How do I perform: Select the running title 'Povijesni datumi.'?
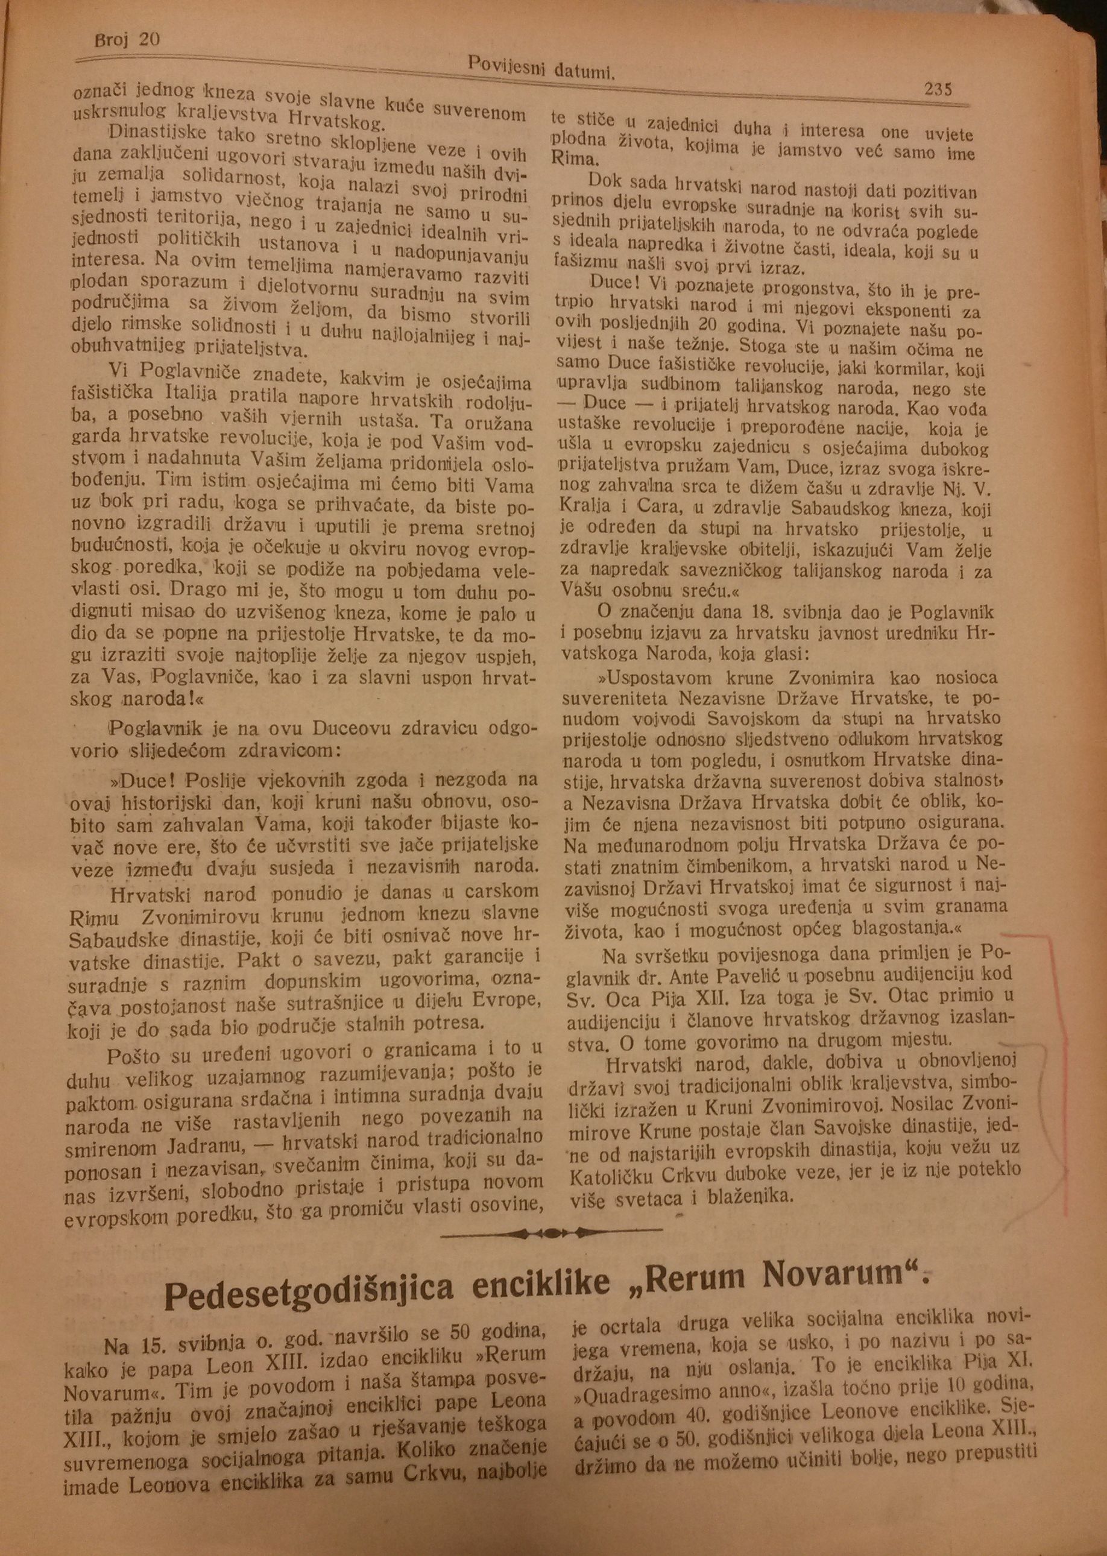(x=541, y=68)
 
